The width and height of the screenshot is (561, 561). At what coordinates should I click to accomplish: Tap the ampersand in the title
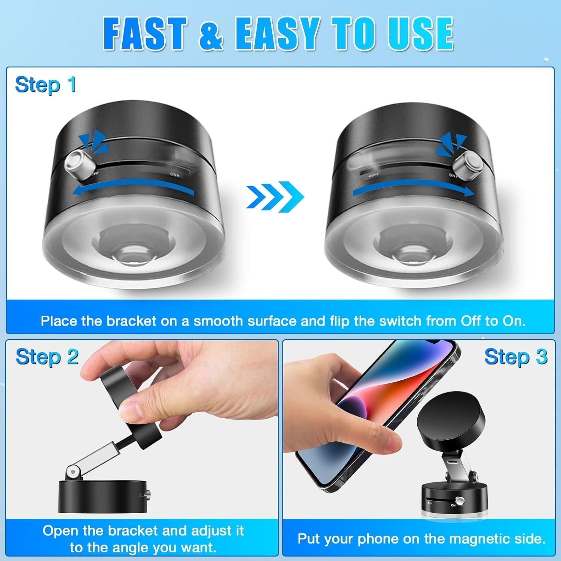click(211, 34)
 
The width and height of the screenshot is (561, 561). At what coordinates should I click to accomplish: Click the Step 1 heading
click(45, 85)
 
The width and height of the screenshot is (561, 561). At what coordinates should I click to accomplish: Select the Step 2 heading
click(47, 357)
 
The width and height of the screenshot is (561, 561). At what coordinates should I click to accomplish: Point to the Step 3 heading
click(516, 357)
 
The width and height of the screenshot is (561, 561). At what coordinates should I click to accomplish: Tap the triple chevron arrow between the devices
click(275, 196)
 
